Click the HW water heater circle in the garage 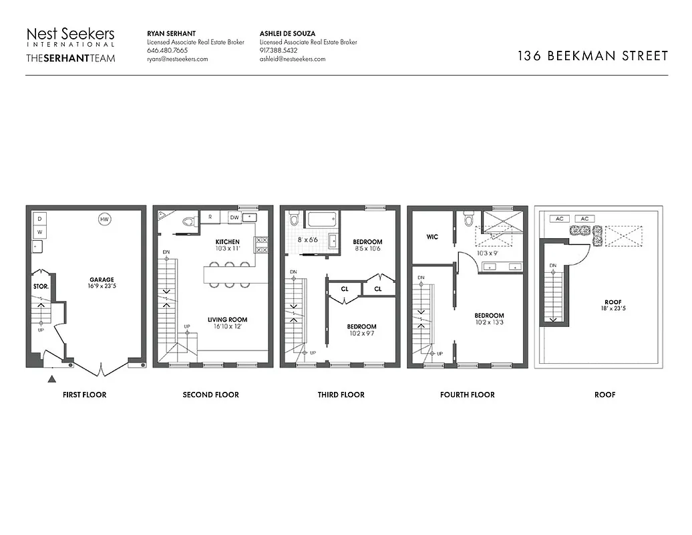pos(104,219)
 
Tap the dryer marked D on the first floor pos(39,219)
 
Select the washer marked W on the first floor pos(39,231)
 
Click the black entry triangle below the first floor pos(52,380)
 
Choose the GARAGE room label pos(102,280)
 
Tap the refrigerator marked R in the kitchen pos(210,217)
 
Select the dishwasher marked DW pos(234,217)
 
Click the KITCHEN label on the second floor pos(227,241)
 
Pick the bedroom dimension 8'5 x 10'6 pos(367,248)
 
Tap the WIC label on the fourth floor pos(431,237)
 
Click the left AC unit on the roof pos(559,219)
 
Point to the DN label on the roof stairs pos(552,265)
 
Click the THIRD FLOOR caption pos(341,395)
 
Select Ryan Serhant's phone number pos(167,50)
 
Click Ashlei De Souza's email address pos(292,59)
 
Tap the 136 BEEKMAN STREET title pos(592,56)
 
